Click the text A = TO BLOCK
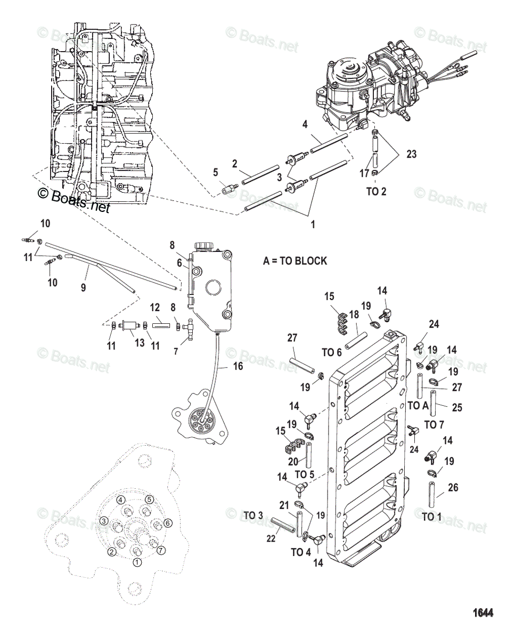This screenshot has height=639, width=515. [295, 261]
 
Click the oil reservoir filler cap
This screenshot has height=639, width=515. [203, 246]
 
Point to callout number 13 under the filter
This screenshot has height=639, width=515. [140, 343]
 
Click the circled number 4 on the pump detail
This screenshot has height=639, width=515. [121, 499]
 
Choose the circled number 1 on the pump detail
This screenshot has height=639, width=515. [137, 561]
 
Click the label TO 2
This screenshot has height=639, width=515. [376, 192]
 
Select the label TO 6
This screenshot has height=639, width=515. [331, 353]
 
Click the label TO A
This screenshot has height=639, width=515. [418, 405]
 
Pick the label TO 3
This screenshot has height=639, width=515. [254, 515]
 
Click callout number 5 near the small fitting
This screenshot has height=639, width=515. [216, 172]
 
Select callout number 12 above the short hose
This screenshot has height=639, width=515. [155, 308]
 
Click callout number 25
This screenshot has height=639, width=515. [457, 408]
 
